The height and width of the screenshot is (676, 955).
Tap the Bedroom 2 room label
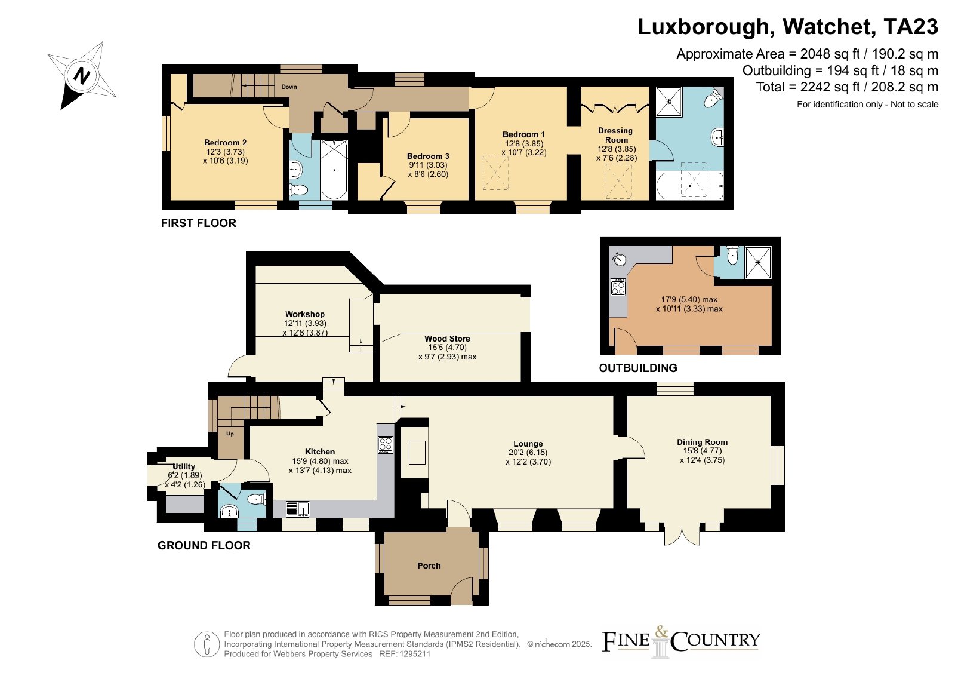(225, 143)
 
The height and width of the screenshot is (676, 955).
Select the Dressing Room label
(615, 135)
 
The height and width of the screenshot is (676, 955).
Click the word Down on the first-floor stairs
(289, 87)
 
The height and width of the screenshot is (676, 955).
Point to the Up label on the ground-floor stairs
(230, 434)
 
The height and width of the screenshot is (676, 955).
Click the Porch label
(429, 566)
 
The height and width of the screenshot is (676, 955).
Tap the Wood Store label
(447, 339)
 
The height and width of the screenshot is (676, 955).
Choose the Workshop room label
(305, 314)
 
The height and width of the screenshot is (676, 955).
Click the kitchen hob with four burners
(385, 444)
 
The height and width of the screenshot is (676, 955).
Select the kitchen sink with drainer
(298, 509)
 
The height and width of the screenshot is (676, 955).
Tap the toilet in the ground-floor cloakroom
(257, 499)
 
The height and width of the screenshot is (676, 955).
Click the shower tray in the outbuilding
(758, 263)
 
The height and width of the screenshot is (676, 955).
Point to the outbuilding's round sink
(619, 259)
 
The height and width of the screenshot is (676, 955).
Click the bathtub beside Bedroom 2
(334, 170)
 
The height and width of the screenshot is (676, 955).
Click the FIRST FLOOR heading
(199, 223)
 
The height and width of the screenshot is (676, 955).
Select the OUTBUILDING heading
(638, 368)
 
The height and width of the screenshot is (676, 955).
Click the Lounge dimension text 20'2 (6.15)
(528, 453)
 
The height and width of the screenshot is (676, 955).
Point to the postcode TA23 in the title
(911, 26)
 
